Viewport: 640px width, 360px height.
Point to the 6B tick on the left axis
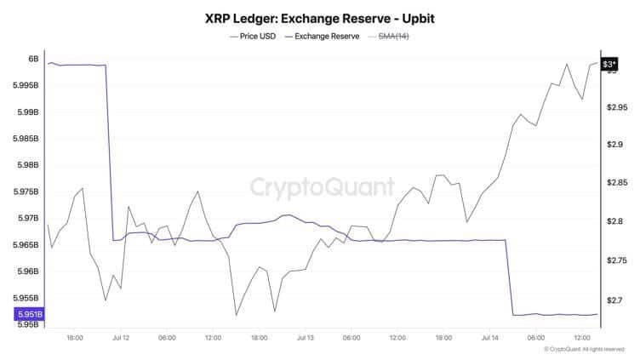(33, 59)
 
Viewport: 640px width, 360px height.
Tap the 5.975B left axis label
(26, 191)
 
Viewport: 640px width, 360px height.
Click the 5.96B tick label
(28, 271)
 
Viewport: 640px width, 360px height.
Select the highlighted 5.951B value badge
(29, 314)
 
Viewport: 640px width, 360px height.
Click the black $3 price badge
(609, 65)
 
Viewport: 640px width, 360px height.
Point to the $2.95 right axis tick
(616, 107)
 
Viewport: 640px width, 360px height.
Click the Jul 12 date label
(121, 338)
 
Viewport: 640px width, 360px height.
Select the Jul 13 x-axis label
(306, 338)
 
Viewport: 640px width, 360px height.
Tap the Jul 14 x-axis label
(489, 338)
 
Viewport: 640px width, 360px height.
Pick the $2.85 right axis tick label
(615, 183)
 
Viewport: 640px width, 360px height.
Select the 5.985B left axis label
(26, 139)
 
